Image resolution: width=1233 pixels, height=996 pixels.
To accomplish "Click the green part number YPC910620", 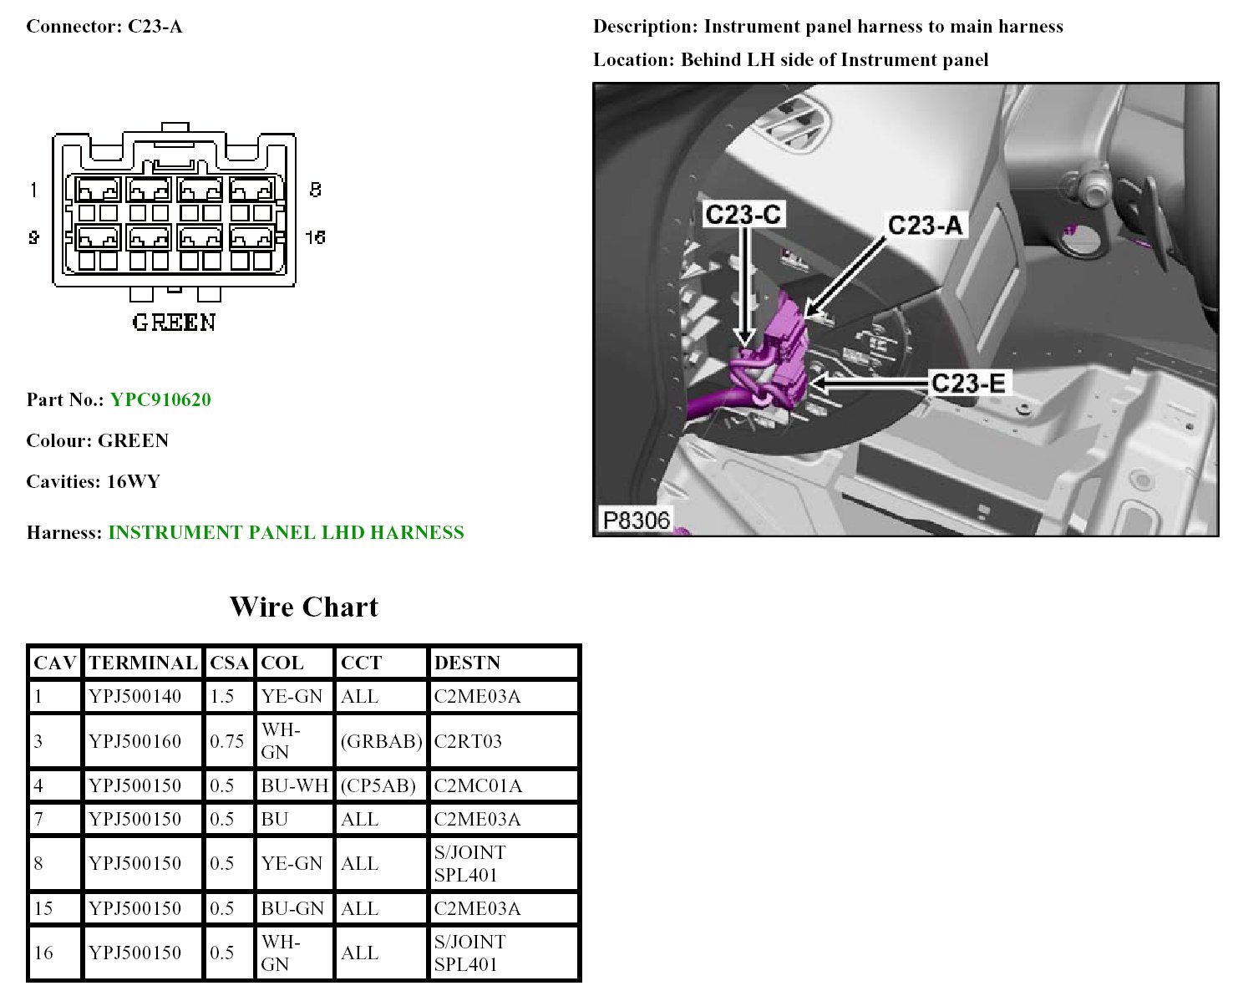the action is click(160, 399).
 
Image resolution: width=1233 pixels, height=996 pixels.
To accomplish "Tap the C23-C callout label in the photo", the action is click(742, 214).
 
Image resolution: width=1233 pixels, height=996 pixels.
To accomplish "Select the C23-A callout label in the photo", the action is click(925, 226).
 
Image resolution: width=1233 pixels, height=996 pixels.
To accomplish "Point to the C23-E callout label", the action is click(968, 383).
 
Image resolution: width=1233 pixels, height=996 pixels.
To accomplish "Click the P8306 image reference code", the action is click(636, 520).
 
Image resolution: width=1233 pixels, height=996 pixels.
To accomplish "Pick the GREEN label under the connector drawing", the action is click(174, 323).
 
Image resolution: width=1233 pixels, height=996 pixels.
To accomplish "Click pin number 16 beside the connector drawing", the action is click(315, 236).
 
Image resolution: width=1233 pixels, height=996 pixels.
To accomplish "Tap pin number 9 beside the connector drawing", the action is click(33, 236).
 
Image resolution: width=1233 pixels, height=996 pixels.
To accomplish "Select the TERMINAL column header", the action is click(143, 663).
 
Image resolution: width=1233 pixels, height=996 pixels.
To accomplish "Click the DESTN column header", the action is click(467, 663).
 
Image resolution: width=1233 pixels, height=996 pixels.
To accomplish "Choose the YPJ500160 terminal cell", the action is click(134, 740).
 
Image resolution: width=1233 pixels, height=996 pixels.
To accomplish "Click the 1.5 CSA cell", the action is click(221, 695).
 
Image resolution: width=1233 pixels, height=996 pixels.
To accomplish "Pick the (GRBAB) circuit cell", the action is click(381, 740).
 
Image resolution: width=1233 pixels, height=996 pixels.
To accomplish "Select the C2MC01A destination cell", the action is click(478, 785).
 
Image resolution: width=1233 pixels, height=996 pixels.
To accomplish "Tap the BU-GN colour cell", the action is click(292, 908).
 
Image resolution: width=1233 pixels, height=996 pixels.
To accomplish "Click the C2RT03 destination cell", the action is click(468, 740).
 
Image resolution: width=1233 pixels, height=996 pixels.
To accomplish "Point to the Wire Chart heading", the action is click(304, 607).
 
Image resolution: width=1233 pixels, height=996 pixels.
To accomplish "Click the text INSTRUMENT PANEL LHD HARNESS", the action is click(286, 532).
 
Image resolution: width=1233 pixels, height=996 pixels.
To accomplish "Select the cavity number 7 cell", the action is click(38, 819).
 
